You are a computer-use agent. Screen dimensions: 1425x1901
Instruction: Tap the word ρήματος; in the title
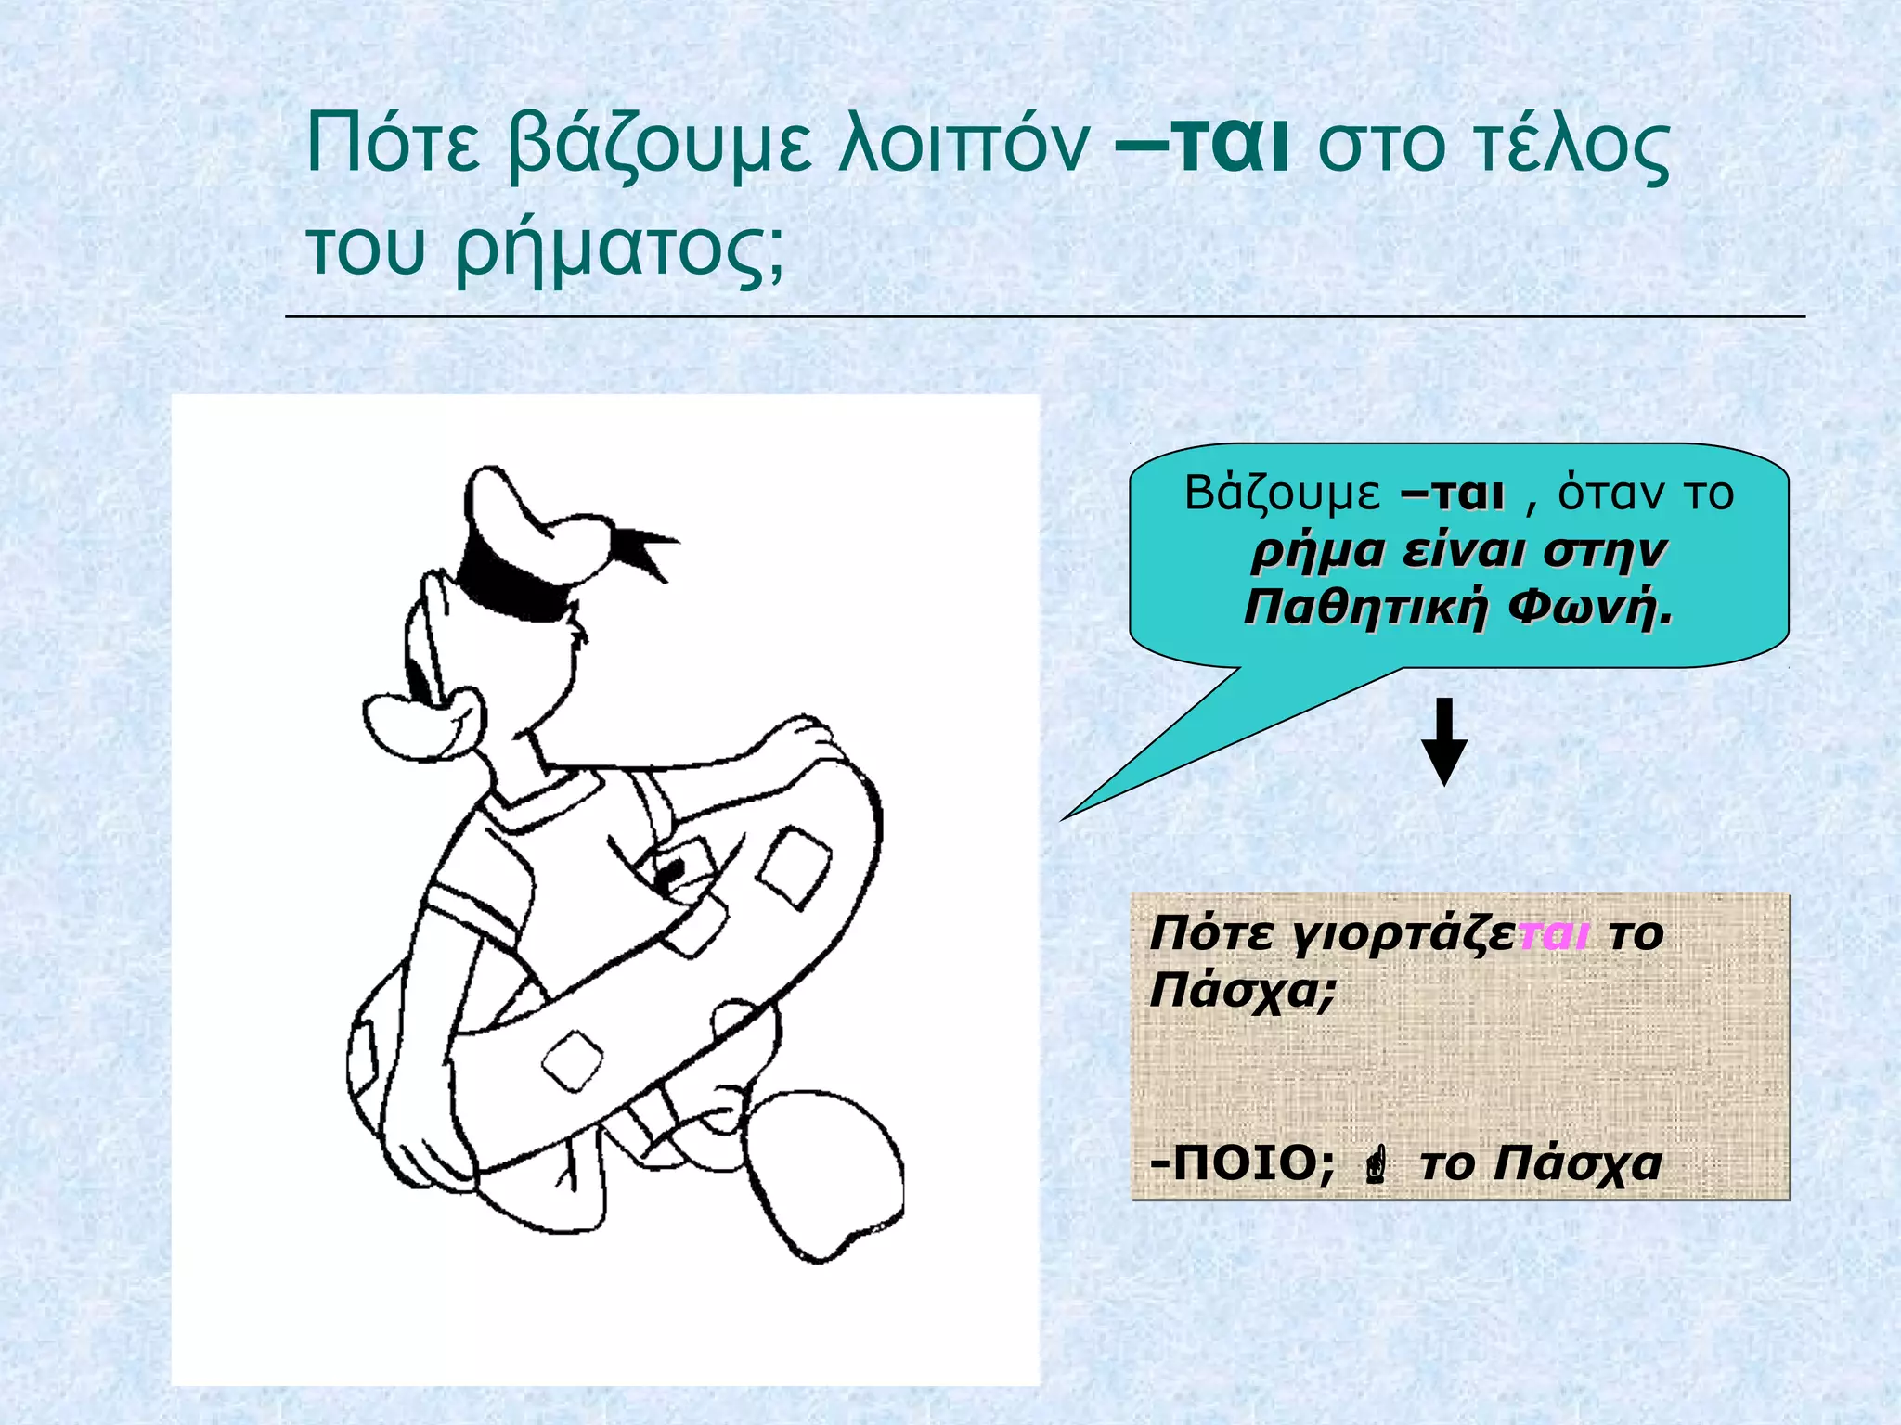[619, 250]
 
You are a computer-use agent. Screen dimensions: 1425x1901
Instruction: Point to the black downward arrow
[1444, 742]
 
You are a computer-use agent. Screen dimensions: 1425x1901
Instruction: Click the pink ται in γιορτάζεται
[1554, 933]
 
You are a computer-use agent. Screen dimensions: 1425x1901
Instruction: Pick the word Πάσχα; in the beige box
[1243, 991]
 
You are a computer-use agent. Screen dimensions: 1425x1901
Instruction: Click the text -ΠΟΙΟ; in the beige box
[1242, 1162]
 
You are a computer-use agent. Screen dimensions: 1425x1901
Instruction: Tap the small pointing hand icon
[1377, 1165]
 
